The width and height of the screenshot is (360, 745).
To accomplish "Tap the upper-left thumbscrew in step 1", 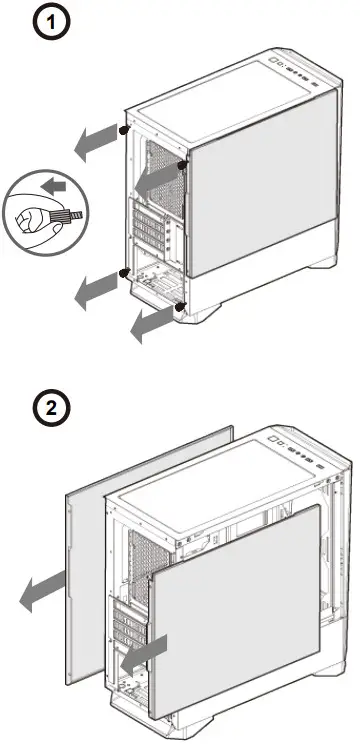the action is click(122, 130).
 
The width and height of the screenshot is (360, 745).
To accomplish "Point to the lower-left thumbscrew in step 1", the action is click(122, 272).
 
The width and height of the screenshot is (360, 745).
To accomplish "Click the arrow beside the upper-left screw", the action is click(95, 142).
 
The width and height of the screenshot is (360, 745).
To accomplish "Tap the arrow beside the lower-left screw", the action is click(95, 289).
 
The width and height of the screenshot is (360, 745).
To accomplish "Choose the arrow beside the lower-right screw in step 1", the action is click(151, 323).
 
